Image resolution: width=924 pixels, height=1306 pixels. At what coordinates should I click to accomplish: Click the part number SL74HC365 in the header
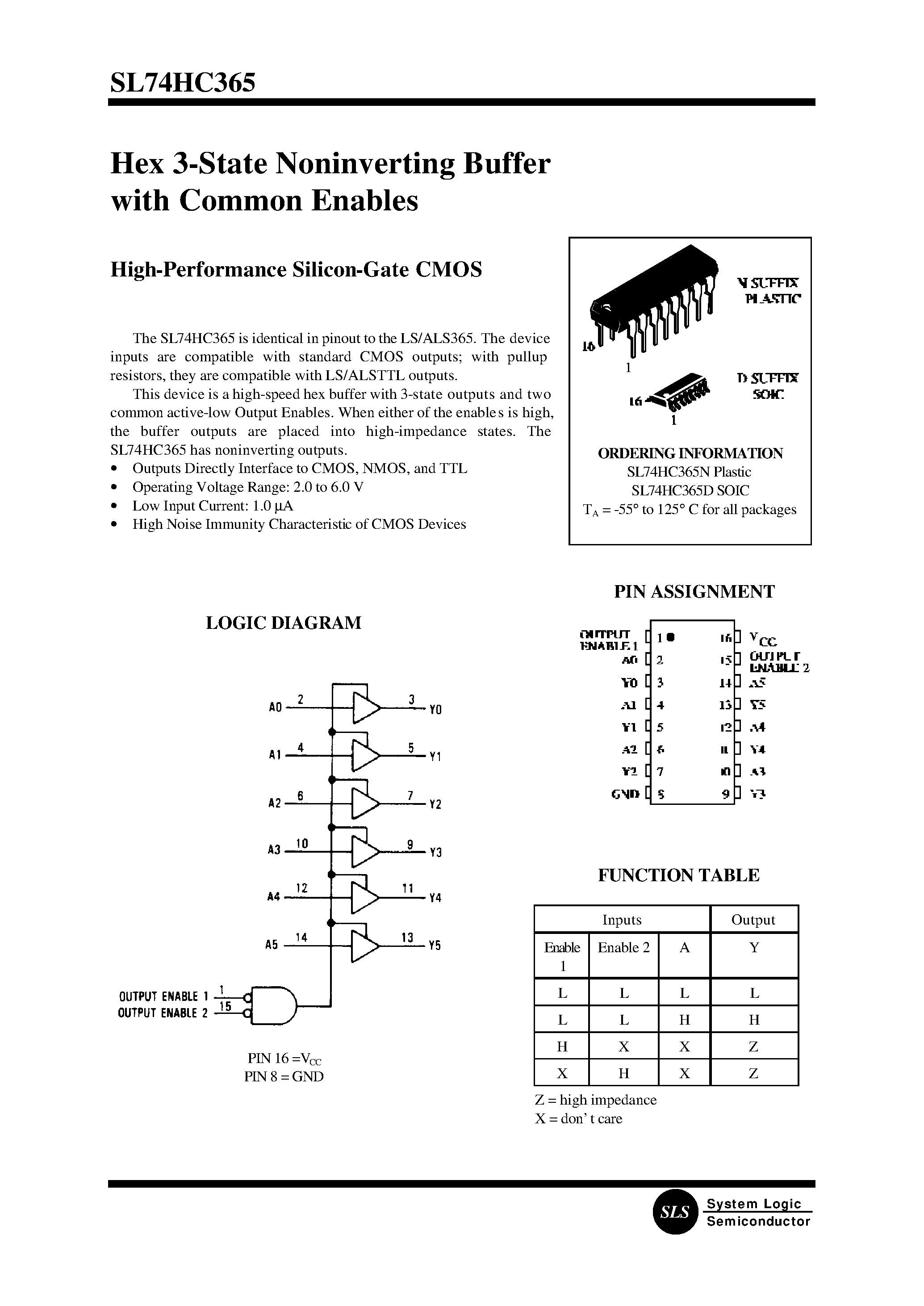point(183,83)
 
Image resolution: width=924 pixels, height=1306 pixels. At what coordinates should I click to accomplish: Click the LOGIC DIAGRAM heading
point(283,623)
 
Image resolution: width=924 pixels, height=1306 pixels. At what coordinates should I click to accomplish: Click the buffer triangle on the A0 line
point(366,708)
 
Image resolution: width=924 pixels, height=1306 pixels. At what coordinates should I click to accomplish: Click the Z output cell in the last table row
point(753,1073)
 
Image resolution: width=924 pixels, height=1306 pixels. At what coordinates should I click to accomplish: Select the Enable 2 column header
point(623,947)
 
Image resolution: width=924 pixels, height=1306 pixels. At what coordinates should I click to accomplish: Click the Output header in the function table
point(753,920)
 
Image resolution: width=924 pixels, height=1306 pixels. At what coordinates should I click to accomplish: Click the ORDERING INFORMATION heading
point(690,453)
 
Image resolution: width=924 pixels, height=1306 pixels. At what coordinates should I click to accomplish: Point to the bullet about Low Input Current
point(212,506)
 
